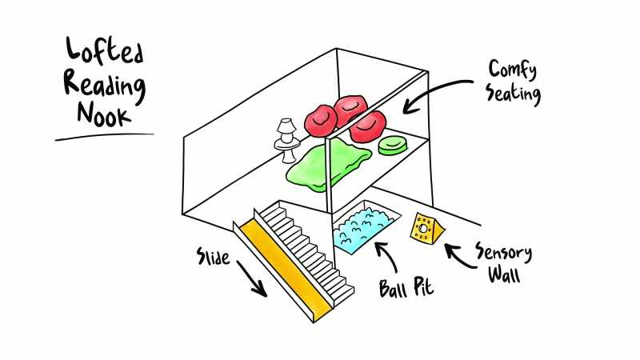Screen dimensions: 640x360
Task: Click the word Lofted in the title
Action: pyautogui.click(x=105, y=50)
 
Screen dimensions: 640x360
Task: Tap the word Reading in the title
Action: pyautogui.click(x=105, y=86)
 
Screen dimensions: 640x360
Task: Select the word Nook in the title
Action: pyautogui.click(x=105, y=114)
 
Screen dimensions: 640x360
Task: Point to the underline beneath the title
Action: pyautogui.click(x=105, y=136)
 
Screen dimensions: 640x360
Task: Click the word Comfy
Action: pyautogui.click(x=513, y=70)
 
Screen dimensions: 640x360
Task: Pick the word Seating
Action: pyautogui.click(x=513, y=94)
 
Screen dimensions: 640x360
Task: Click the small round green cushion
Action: pyautogui.click(x=393, y=146)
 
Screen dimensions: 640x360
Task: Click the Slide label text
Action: pyautogui.click(x=213, y=256)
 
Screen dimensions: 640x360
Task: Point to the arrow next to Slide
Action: pyautogui.click(x=252, y=279)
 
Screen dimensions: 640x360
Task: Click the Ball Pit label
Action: pyautogui.click(x=406, y=287)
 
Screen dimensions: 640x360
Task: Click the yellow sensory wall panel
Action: pyautogui.click(x=427, y=230)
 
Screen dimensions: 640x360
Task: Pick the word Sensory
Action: pyautogui.click(x=504, y=253)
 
